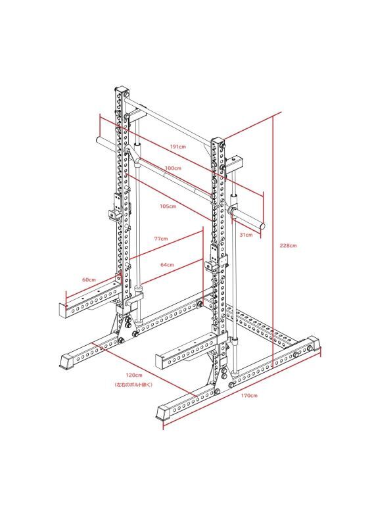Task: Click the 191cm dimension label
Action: (x=177, y=147)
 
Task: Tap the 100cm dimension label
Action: (x=173, y=168)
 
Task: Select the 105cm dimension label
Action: (x=168, y=206)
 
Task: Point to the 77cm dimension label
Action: (x=161, y=239)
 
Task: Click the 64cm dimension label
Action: (x=167, y=265)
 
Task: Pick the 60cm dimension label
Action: (x=89, y=280)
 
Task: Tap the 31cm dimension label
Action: (x=246, y=235)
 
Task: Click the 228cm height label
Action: (x=289, y=245)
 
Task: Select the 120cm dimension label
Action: (x=134, y=375)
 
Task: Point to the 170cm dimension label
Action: (x=249, y=396)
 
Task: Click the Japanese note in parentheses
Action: (x=133, y=385)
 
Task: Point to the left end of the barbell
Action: (x=99, y=139)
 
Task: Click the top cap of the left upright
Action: (x=122, y=91)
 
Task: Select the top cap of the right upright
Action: (x=218, y=141)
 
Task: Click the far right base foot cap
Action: (x=314, y=344)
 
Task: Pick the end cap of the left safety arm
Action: (x=63, y=310)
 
